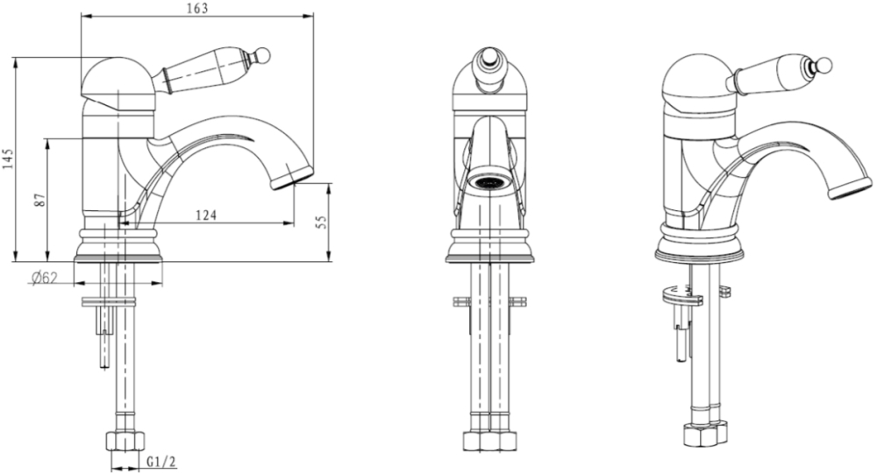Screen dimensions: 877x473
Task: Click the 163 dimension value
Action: click(197, 8)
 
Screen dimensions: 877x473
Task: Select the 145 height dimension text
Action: click(7, 160)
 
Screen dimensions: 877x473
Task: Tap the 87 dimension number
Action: click(39, 201)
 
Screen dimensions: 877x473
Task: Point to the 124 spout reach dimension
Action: click(206, 215)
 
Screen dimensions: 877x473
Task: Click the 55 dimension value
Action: click(320, 222)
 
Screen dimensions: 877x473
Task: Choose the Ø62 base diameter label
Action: click(45, 278)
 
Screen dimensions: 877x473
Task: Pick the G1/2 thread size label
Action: click(161, 462)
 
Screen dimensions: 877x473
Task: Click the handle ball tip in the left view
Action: click(263, 54)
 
